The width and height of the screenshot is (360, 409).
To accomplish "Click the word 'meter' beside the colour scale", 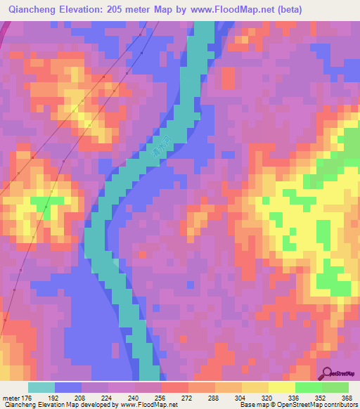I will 11,398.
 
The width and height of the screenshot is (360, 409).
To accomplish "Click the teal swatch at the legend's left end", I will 41,387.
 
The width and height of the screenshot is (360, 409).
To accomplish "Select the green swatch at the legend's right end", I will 335,387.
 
